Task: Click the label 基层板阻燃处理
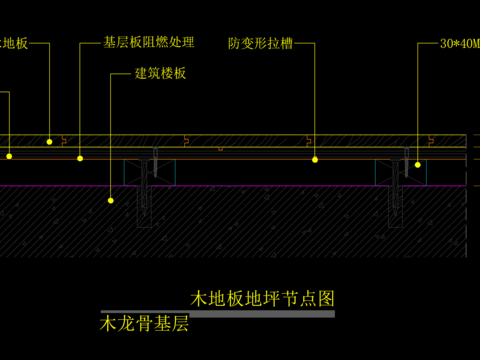(x=149, y=44)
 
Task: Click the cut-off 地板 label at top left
(x=14, y=45)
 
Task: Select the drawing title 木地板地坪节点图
(x=262, y=298)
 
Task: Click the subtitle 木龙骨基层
(x=144, y=324)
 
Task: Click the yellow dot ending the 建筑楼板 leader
(x=112, y=200)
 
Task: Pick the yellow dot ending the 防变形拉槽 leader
(x=315, y=159)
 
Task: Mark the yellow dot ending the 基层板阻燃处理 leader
(x=81, y=157)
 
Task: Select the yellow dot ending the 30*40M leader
(x=419, y=163)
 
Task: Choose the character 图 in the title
(x=326, y=298)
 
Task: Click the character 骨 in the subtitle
(x=144, y=324)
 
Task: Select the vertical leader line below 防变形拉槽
(x=315, y=100)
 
